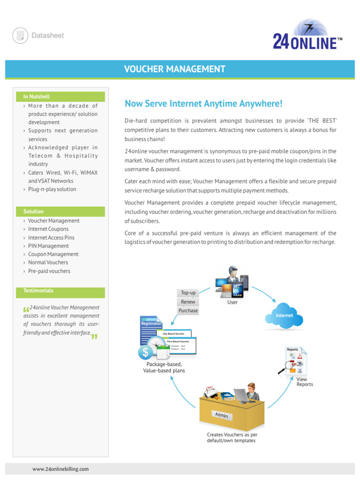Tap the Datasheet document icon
pos(20,36)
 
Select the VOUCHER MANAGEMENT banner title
pos(174,69)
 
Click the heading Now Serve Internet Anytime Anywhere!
pos(203,103)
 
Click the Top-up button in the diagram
pos(188,293)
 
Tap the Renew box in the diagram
pos(188,302)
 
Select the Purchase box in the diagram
pos(188,311)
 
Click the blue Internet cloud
pos(284,316)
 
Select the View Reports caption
pos(305,382)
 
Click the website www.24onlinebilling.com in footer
pos(60,469)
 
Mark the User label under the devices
pos(232,302)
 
